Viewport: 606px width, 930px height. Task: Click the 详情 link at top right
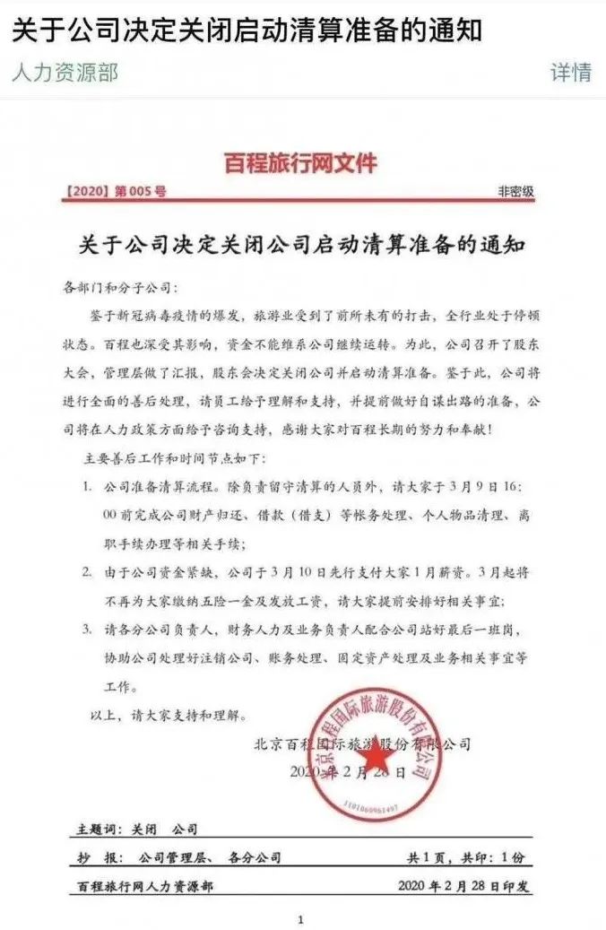[x=571, y=73]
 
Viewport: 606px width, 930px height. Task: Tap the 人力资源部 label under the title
[x=65, y=73]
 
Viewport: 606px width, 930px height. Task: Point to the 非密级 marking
[x=515, y=191]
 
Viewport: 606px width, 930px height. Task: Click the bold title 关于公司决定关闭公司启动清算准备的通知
[x=301, y=245]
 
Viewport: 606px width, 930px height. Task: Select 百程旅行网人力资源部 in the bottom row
[x=145, y=886]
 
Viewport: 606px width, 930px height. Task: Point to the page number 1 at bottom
[x=301, y=919]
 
